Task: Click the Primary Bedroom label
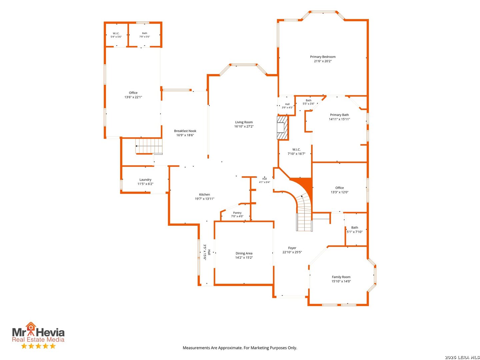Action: click(x=323, y=57)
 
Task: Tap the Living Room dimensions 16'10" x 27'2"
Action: click(x=244, y=126)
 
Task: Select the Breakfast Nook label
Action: click(x=185, y=131)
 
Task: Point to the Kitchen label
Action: click(x=204, y=195)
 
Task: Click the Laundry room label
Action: click(x=145, y=180)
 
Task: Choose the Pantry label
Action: click(x=237, y=213)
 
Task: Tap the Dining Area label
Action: click(x=244, y=253)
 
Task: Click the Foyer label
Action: click(x=292, y=248)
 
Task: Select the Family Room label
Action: click(x=341, y=277)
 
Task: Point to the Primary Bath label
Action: click(x=339, y=115)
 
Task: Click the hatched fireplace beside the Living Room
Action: click(x=282, y=128)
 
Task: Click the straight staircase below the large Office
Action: click(x=149, y=146)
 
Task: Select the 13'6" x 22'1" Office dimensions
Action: click(x=133, y=97)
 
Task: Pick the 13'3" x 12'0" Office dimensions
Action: click(x=339, y=192)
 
